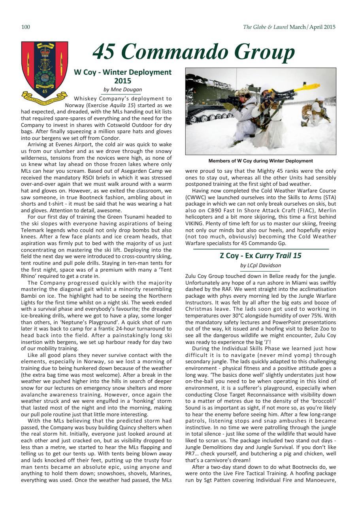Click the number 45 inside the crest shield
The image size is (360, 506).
[45, 91]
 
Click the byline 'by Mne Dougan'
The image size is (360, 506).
[123, 90]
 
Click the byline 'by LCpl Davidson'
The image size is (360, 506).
[260, 265]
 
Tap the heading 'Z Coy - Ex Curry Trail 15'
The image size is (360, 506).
[260, 255]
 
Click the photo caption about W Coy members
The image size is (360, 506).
[260, 161]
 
